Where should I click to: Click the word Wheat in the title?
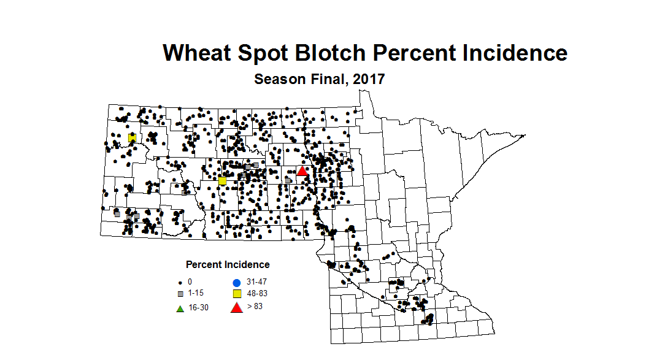coord(198,53)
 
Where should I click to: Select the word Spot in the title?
coord(264,54)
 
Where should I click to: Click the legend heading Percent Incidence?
coord(228,265)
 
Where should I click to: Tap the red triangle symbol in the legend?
coord(236,307)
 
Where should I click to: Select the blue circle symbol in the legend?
coord(236,283)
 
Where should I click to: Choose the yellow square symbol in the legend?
coord(236,294)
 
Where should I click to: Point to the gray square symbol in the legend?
coord(180,294)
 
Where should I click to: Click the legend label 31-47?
coord(257,282)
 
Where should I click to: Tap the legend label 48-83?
coord(257,294)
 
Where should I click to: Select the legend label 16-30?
coord(198,307)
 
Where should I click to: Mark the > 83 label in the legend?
coord(255,306)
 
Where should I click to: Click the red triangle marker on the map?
coord(302,171)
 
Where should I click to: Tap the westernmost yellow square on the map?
coord(132,138)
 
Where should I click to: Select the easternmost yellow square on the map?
coord(223,181)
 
